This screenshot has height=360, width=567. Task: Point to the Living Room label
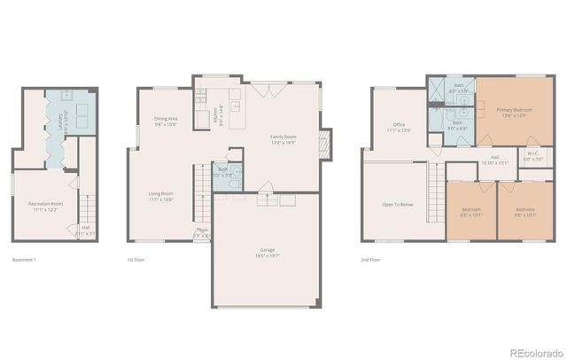tap(160, 196)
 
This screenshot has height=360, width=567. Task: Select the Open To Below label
tap(397, 204)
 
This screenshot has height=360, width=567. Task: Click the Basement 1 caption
tap(25, 260)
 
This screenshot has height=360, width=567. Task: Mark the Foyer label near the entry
tap(203, 232)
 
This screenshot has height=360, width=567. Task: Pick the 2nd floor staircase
tap(436, 187)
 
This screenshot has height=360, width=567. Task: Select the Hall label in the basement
tap(87, 230)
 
